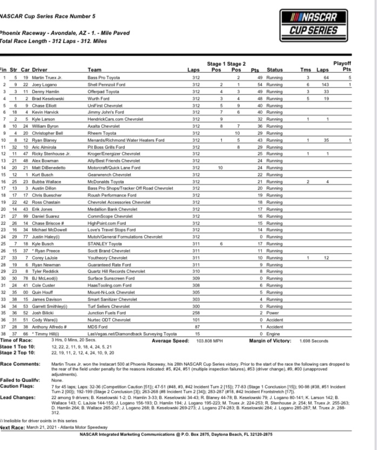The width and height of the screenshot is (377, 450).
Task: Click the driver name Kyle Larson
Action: click(44, 119)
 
